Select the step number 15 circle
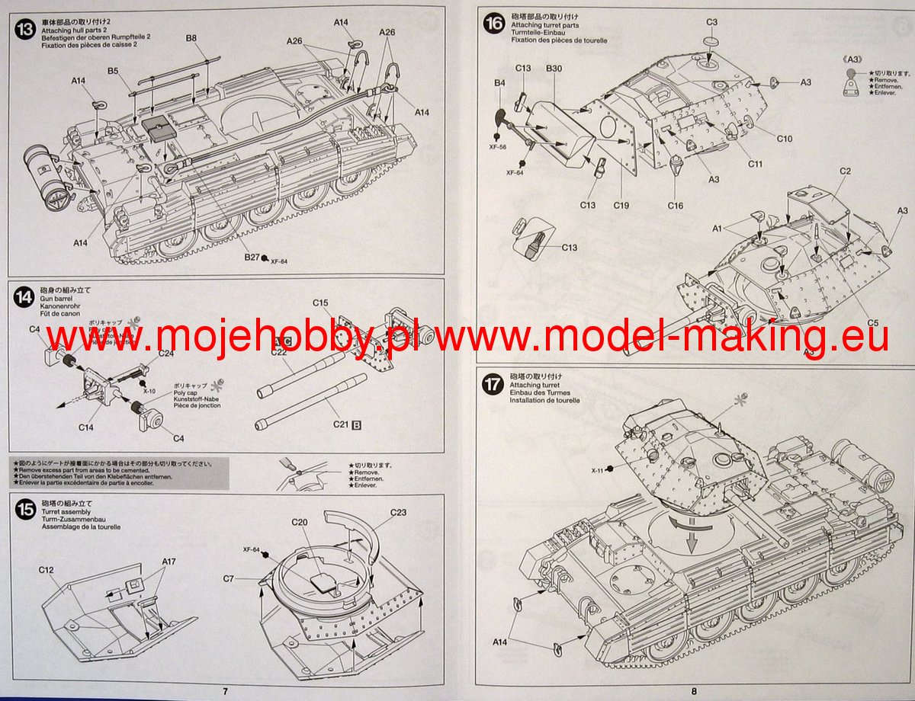pos(25,511)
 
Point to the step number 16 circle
pos(492,24)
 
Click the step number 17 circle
pos(492,384)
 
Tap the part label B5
pos(113,71)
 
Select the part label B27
pos(252,258)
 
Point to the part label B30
pos(554,69)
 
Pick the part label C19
pos(621,206)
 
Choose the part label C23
pos(398,512)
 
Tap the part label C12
pos(45,568)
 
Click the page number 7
pos(225,691)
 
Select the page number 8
pos(694,691)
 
